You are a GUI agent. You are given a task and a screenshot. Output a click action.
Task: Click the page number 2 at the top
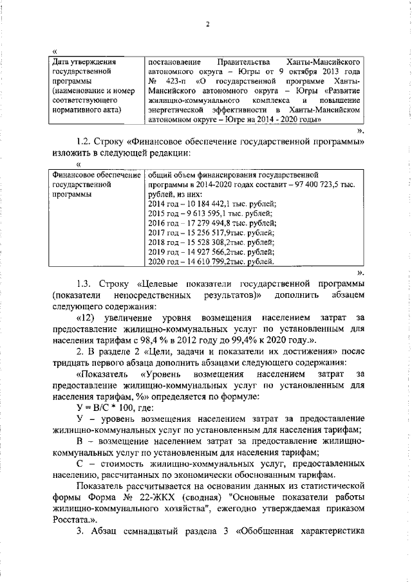(x=208, y=24)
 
